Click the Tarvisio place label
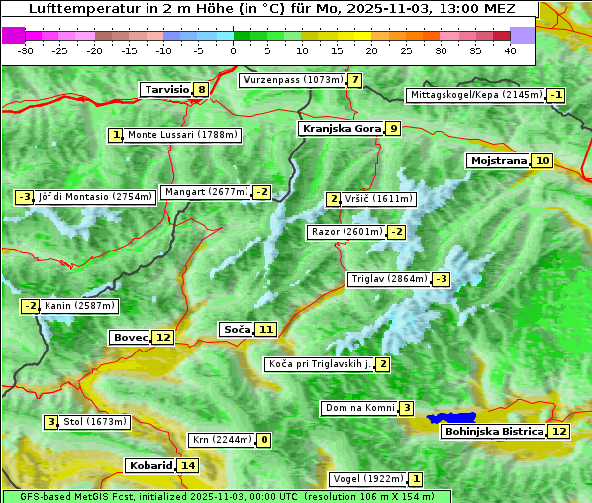165,89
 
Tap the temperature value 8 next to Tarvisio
201,90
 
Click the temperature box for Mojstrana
542,161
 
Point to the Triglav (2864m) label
389,279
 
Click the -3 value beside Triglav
441,279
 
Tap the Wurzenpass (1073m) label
293,80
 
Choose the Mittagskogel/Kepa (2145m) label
475,95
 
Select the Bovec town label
130,337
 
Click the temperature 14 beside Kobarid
188,465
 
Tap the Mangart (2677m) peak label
206,192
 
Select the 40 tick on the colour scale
510,50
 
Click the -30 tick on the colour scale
26,50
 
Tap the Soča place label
236,329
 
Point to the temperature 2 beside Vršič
334,199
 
